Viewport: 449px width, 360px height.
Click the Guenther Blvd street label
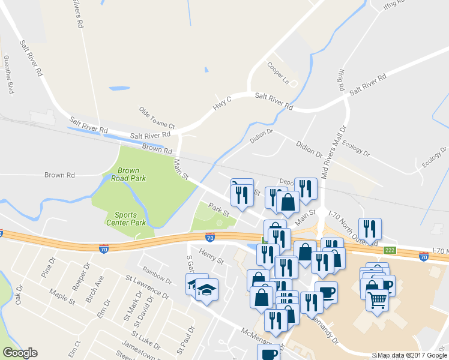coord(8,75)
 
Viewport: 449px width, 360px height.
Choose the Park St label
coord(219,210)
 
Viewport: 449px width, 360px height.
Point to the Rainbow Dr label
coord(157,275)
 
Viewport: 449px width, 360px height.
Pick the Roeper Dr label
coord(79,276)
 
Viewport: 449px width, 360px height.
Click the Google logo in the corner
coord(20,353)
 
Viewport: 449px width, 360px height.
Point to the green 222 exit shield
coord(390,250)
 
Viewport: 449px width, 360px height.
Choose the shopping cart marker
coord(378,298)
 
